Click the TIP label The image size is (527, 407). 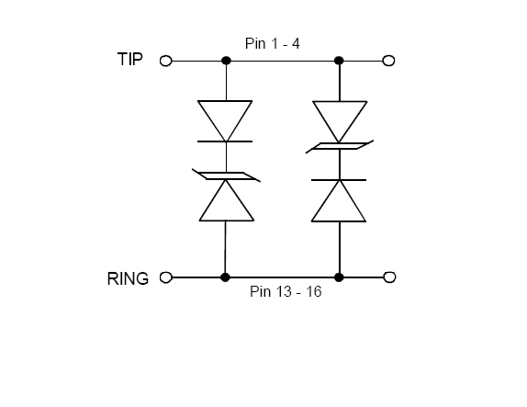coord(130,59)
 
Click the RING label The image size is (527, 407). coord(128,279)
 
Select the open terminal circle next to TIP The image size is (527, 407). coord(165,61)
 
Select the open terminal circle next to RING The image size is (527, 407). coord(165,277)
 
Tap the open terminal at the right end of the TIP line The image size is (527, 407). coord(389,61)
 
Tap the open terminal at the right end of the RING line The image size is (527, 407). coord(389,277)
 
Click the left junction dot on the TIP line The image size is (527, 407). coord(226,61)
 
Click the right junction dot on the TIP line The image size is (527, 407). coord(339,61)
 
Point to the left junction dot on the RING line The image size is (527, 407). coord(225,277)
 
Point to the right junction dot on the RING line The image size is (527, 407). coord(339,277)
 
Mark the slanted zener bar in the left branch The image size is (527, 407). coord(226,175)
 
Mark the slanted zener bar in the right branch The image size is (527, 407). coord(340,146)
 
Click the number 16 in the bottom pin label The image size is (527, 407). coord(314,291)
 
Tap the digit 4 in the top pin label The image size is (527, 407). coord(296,44)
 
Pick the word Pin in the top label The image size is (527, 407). coord(255,44)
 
